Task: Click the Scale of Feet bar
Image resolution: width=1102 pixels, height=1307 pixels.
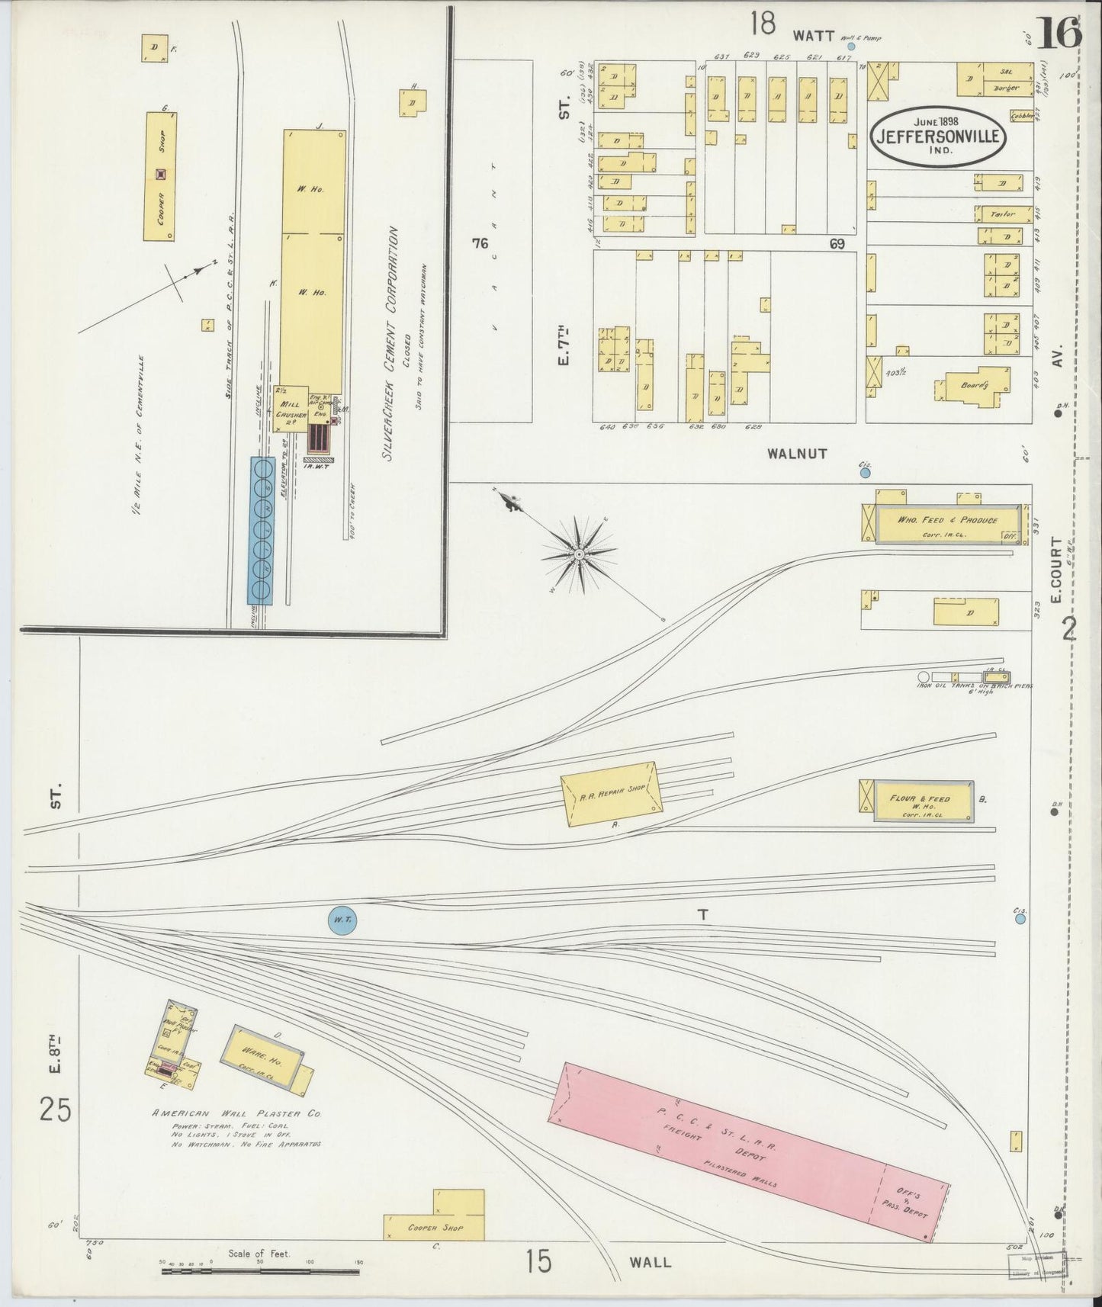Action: point(259,1270)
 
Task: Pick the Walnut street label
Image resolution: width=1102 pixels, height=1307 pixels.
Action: point(797,454)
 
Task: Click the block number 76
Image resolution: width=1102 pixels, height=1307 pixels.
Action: point(480,244)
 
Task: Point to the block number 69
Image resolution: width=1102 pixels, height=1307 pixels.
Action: point(837,244)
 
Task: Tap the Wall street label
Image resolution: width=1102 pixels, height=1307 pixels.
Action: point(651,1262)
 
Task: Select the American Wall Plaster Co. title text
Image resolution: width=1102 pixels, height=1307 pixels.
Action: point(236,1113)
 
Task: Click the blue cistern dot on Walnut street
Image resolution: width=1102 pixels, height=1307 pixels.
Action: point(865,473)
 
